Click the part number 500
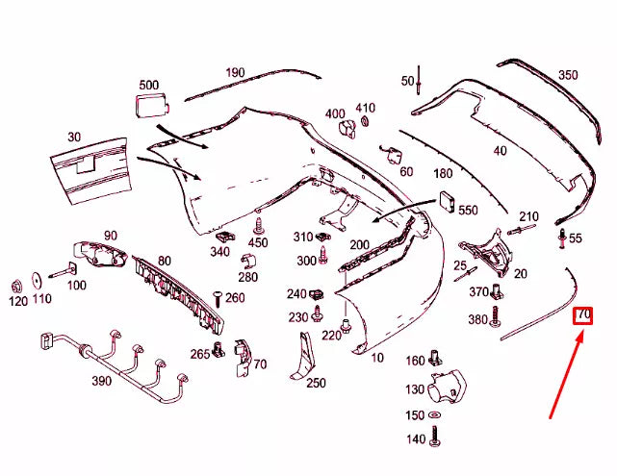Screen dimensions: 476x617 149,85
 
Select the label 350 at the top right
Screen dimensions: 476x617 568,75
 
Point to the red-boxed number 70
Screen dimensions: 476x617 583,314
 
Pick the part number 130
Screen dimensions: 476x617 415,389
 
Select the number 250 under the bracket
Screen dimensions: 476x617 316,383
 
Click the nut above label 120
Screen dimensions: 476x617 16,286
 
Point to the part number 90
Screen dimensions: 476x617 110,236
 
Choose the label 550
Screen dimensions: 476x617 468,210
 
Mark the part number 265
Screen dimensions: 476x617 199,354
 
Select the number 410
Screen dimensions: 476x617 365,108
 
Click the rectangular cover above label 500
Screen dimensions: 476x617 148,105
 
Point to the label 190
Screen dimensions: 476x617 236,72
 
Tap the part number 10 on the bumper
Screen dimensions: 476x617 375,358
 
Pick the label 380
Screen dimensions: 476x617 477,319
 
